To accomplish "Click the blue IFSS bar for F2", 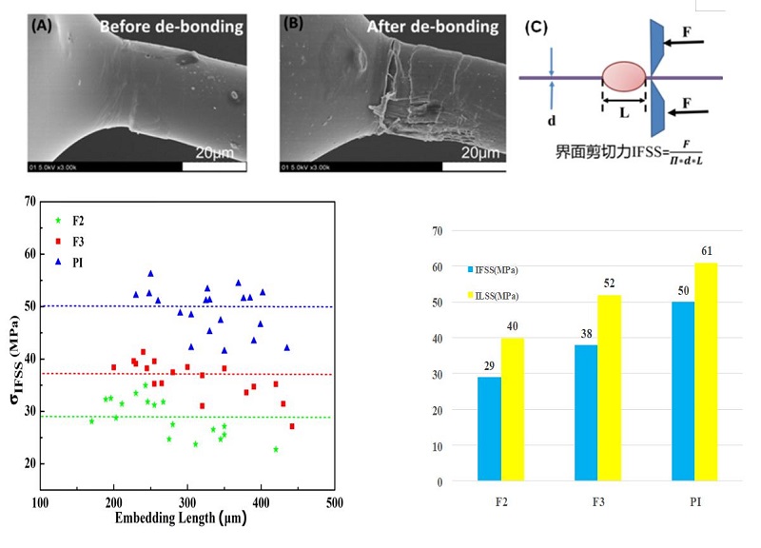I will pyautogui.click(x=489, y=429).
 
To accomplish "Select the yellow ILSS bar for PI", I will pyautogui.click(x=704, y=372).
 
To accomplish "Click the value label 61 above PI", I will pyautogui.click(x=705, y=251).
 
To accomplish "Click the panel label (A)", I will pyautogui.click(x=44, y=27).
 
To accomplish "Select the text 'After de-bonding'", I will pyautogui.click(x=424, y=28).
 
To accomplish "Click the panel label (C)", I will pyautogui.click(x=537, y=27).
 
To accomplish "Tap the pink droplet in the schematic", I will pyautogui.click(x=624, y=78).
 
